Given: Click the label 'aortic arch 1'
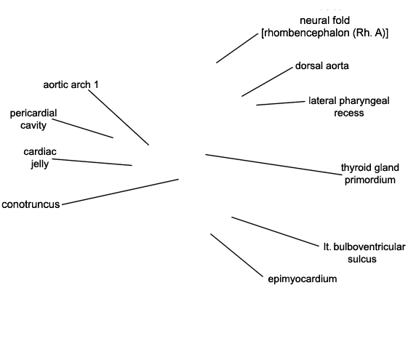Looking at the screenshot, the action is pos(71,85).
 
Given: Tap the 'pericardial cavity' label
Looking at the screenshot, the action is pos(33,119).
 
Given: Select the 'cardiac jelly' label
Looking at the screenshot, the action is pos(40,158).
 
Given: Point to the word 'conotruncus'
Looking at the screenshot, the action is pos(31,204).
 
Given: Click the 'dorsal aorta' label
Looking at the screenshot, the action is pos(322,65).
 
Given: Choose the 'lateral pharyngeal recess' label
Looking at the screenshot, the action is pos(349,107).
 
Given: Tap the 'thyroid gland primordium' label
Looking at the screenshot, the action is pos(370,174).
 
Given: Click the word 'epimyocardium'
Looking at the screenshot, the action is pos(303,279).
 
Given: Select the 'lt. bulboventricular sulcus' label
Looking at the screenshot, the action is pos(364,253).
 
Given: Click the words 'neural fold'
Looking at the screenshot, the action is pos(325,20).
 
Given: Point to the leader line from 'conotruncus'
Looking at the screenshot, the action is pos(121,192).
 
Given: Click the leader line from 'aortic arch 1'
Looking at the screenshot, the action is pos(119,117).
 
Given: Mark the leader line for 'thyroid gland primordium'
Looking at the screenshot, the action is pos(273,164).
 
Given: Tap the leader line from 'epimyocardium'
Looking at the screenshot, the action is pos(237,255).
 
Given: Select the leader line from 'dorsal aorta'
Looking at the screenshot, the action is pos(267,81).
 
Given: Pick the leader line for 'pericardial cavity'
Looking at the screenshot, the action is pos(83,128).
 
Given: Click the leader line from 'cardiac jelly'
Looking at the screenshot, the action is pos(92,162).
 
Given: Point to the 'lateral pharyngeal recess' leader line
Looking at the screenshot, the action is pos(281,103).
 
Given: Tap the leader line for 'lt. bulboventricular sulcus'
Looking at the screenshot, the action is pos(275,231).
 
